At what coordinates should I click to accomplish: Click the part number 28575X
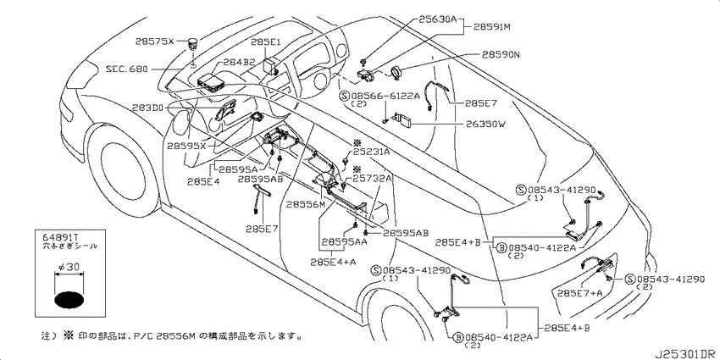pyautogui.click(x=155, y=42)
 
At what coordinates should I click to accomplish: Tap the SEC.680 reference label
pyautogui.click(x=127, y=69)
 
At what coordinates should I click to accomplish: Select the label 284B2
pyautogui.click(x=239, y=62)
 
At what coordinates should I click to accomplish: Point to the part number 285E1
pyautogui.click(x=266, y=42)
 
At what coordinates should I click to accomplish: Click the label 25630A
pyautogui.click(x=437, y=19)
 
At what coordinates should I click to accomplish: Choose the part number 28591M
pyautogui.click(x=492, y=27)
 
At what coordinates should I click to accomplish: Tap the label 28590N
pyautogui.click(x=501, y=55)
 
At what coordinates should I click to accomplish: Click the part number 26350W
pyautogui.click(x=486, y=124)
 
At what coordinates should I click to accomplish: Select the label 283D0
pyautogui.click(x=147, y=108)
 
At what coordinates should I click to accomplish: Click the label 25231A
pyautogui.click(x=371, y=152)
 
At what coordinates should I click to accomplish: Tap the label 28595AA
pyautogui.click(x=344, y=241)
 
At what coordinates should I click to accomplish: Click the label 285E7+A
pyautogui.click(x=580, y=293)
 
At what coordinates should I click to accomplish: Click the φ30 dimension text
pyautogui.click(x=69, y=267)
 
